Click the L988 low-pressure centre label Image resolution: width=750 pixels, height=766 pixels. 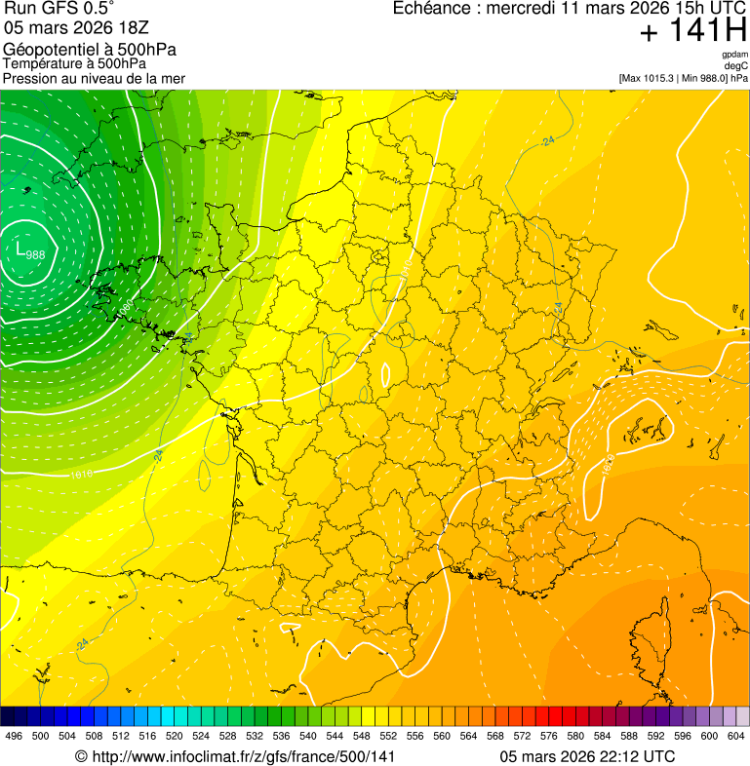[29, 250]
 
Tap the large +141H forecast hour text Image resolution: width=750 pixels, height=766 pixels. [692, 32]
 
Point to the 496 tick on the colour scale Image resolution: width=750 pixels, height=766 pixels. [14, 737]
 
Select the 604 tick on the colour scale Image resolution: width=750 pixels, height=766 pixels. [735, 737]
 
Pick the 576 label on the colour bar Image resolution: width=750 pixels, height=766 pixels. [549, 737]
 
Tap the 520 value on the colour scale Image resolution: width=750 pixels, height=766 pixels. [175, 737]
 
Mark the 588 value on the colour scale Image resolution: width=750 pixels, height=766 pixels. [629, 737]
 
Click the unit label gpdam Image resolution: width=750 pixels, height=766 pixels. [735, 55]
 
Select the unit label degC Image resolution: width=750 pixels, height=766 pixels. [736, 66]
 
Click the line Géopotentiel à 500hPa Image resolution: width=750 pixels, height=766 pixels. [90, 50]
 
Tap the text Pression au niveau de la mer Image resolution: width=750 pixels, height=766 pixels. [94, 78]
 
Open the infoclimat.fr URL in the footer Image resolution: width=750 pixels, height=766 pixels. [243, 756]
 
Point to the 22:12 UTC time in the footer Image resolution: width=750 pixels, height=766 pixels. [633, 756]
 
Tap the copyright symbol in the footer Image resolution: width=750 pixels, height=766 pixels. [82, 757]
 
